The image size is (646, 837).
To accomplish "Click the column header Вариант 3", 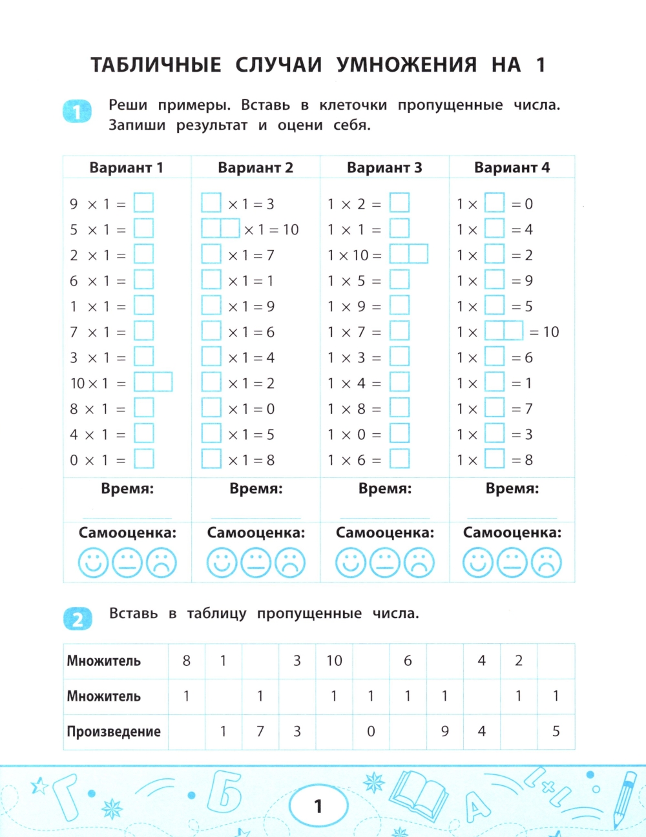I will tap(384, 168).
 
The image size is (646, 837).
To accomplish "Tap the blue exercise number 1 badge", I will tap(78, 112).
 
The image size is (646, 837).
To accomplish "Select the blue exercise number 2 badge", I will tap(78, 619).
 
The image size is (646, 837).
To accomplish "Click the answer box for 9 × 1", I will tap(143, 203).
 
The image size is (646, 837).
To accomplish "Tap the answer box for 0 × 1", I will tap(143, 459).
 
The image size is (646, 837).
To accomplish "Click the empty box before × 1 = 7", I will tap(211, 254).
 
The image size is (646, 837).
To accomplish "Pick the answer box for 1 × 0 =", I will tap(399, 433).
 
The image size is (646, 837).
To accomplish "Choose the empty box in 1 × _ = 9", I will tap(494, 280).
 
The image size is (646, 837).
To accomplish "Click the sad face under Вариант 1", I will tap(161, 563).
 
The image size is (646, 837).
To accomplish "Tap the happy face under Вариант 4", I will tap(478, 563).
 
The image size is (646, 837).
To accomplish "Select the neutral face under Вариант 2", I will tap(256, 563).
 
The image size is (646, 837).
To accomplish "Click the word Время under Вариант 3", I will tap(384, 489).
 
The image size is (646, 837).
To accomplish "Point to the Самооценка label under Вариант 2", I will tap(256, 533).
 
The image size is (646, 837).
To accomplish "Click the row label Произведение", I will tap(114, 732).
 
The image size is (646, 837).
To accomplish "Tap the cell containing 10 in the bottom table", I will tap(334, 661).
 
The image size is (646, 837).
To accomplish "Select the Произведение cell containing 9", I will tap(444, 732).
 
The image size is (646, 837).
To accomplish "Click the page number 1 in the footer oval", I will tap(318, 806).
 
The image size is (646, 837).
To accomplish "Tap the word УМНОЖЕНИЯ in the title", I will tap(407, 65).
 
